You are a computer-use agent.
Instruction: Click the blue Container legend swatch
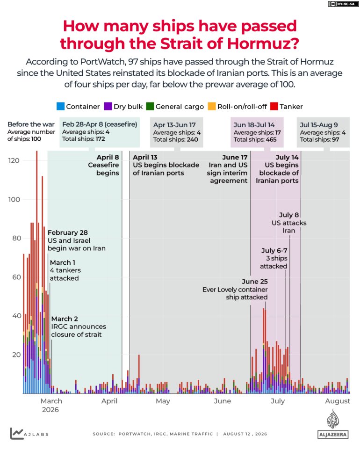(60, 107)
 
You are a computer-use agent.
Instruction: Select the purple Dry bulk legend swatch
(108, 107)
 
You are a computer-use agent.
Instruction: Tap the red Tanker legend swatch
(274, 107)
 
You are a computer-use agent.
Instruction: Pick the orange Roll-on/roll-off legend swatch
(212, 107)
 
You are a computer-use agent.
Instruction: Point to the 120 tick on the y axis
(14, 160)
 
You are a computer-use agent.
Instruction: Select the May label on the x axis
(163, 401)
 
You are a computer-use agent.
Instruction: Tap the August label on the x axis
(338, 401)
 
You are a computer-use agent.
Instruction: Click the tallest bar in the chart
(37, 272)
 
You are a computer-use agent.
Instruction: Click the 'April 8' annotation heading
(108, 157)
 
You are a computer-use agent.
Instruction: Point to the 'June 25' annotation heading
(255, 282)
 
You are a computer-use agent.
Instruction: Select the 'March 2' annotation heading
(65, 319)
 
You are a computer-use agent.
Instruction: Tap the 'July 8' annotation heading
(289, 215)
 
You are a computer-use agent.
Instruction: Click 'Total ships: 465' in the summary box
(255, 139)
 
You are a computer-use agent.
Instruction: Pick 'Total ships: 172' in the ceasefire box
(84, 139)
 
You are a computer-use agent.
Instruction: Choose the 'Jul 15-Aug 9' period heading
(319, 125)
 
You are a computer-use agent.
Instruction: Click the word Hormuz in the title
(263, 44)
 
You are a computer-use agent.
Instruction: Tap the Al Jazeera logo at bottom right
(333, 424)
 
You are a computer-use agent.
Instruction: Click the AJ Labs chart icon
(16, 433)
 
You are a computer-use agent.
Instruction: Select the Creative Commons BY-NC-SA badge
(343, 4)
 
